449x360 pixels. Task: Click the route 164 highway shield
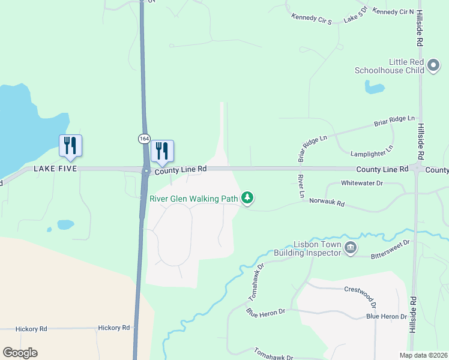click(x=144, y=139)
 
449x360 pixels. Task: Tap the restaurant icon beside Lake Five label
click(x=70, y=146)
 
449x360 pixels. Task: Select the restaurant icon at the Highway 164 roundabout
click(x=161, y=151)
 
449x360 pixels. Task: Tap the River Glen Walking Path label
click(x=194, y=198)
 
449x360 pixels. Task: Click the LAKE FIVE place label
click(x=55, y=169)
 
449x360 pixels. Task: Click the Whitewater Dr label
click(x=361, y=183)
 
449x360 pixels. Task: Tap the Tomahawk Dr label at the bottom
click(x=273, y=354)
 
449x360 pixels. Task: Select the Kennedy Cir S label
click(x=312, y=19)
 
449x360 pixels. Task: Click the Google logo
click(x=20, y=353)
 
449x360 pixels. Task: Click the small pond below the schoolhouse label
click(x=375, y=89)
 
